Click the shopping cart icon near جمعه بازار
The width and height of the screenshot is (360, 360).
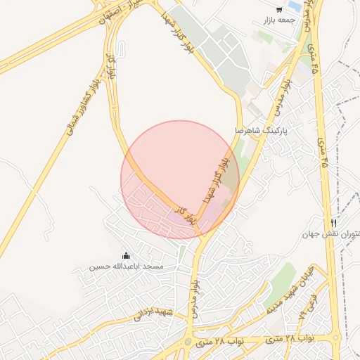tap(280, 10)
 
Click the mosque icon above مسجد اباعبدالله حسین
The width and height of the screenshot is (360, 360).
tap(127, 255)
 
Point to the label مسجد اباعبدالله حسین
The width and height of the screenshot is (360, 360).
tap(127, 267)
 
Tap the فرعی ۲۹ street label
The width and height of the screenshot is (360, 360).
tap(307, 305)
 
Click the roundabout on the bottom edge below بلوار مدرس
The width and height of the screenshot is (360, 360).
tap(188, 342)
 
